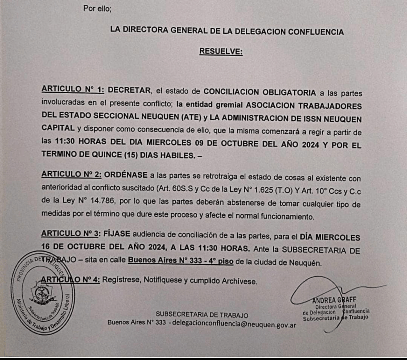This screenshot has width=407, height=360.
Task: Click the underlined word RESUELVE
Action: tap(221, 51)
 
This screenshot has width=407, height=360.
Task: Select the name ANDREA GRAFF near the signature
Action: tap(333, 301)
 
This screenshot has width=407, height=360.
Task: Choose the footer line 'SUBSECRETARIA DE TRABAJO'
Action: tap(202, 315)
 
